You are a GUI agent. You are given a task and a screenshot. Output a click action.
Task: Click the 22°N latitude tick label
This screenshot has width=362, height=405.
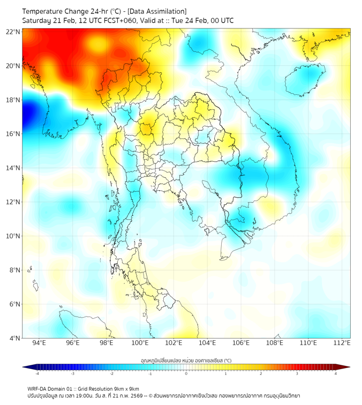tap(13, 32)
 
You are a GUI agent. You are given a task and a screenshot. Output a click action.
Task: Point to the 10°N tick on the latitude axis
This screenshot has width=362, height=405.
tap(13, 236)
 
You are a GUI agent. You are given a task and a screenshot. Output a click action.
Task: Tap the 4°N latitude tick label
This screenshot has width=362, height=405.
tap(14, 338)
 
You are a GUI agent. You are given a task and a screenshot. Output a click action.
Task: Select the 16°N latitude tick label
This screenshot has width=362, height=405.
tap(13, 133)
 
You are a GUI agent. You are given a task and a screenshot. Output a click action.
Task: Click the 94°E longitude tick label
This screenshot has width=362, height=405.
tap(39, 343)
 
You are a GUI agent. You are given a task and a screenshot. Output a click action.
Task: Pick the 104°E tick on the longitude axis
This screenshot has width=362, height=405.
tap(207, 343)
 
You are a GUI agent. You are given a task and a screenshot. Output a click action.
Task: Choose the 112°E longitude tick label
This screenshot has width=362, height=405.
tap(342, 343)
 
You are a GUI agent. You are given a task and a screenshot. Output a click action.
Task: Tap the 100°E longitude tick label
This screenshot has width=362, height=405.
tap(140, 343)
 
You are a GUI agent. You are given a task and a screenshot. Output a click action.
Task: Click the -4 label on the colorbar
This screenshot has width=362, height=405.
tap(36, 373)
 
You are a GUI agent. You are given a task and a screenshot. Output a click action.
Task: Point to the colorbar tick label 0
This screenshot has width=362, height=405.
tap(186, 373)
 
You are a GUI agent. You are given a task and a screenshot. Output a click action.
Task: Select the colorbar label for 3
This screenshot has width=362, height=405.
tap(298, 373)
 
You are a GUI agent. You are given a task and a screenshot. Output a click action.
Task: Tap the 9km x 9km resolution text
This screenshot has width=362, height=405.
tap(125, 388)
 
